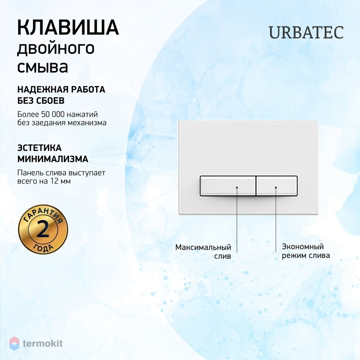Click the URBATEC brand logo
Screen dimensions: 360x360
tap(306, 32)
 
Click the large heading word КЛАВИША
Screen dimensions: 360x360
tap(68, 27)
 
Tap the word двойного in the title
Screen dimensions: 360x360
tap(56, 49)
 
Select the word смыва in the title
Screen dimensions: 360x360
tap(43, 67)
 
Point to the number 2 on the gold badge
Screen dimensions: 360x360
tap(43, 230)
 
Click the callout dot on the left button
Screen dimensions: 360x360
tap(237, 187)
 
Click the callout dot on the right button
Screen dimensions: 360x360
tap(276, 187)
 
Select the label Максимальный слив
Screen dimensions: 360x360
tap(203, 252)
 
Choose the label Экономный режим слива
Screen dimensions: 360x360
tap(306, 251)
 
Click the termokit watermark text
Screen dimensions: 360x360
tap(43, 343)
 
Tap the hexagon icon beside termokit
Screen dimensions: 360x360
tap(14, 343)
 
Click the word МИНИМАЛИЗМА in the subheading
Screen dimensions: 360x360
tap(53, 159)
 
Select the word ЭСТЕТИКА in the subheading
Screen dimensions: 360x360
tap(39, 148)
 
